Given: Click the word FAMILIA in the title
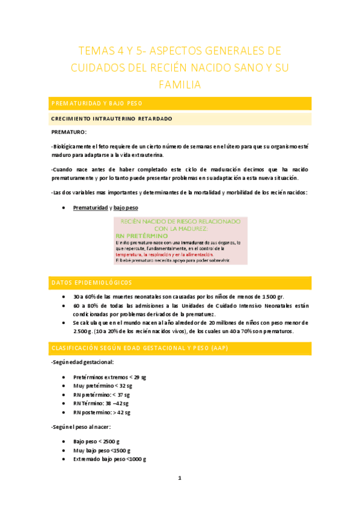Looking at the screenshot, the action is tap(179, 85).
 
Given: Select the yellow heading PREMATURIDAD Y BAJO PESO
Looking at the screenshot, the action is tap(97, 104).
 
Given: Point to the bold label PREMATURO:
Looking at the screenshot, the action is tap(69, 131).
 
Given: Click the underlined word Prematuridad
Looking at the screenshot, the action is tap(90, 207).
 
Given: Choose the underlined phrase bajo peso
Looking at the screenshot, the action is tap(126, 207).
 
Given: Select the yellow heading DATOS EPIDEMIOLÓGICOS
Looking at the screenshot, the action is tap(91, 282).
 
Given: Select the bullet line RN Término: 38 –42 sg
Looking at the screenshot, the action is tap(101, 404).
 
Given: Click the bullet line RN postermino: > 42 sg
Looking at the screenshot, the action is tap(102, 413).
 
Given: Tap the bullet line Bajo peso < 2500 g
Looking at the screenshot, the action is tap(97, 441).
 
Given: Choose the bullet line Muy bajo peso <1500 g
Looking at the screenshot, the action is tap(101, 450).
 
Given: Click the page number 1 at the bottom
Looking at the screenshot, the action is tap(179, 478).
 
